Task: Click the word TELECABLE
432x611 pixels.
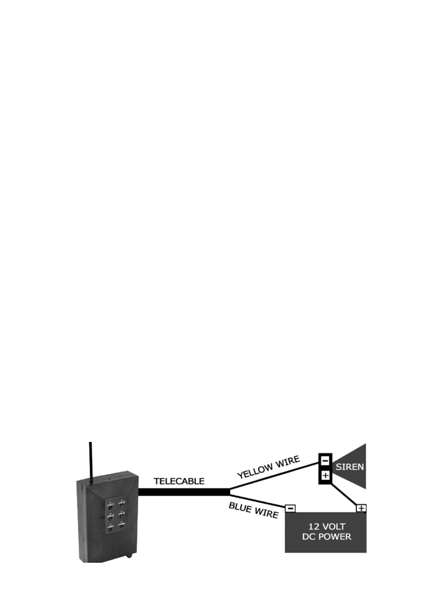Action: pyautogui.click(x=179, y=481)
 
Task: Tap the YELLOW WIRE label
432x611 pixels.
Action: pyautogui.click(x=268, y=467)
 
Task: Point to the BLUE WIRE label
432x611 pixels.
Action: pyautogui.click(x=253, y=510)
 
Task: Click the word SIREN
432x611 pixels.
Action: pyautogui.click(x=349, y=467)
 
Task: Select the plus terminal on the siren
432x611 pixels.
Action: pyautogui.click(x=325, y=475)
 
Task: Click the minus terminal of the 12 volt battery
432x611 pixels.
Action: pyautogui.click(x=290, y=508)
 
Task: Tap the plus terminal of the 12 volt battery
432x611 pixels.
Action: pyautogui.click(x=361, y=508)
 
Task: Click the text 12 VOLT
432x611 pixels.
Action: pyautogui.click(x=326, y=526)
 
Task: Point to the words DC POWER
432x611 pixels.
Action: pyautogui.click(x=326, y=537)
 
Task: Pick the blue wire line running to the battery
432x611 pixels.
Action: pyautogui.click(x=258, y=500)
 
